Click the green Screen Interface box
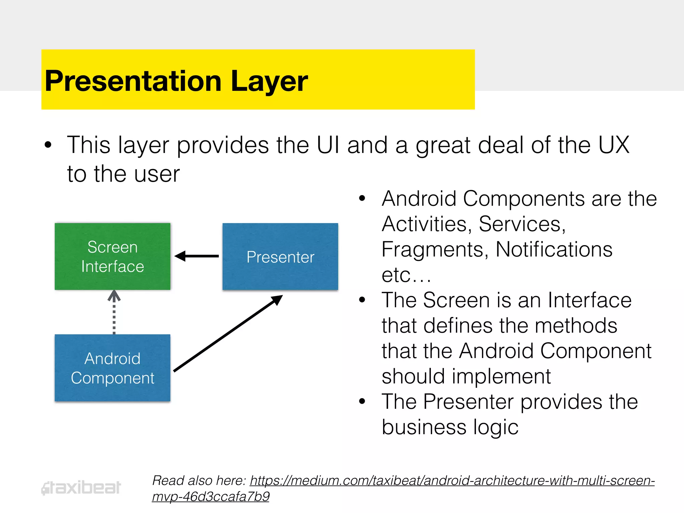113,256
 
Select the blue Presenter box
280,256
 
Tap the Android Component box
113,368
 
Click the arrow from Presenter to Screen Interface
197,256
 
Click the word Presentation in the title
133,81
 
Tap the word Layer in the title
269,81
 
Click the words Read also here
199,481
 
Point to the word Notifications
554,249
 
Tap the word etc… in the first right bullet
406,275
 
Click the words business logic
450,427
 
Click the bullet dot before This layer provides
48,145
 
